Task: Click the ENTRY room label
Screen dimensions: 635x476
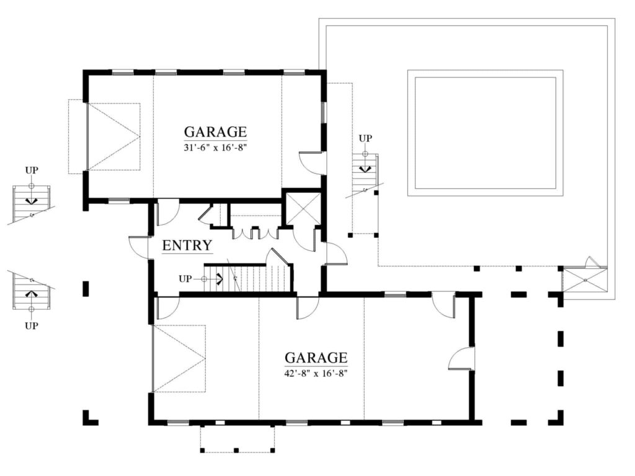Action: point(187,245)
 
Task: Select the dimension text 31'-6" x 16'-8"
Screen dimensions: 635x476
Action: point(215,148)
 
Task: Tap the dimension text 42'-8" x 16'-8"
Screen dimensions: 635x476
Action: point(316,374)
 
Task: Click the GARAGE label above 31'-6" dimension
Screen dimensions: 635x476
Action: point(215,132)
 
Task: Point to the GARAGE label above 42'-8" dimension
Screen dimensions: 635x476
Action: point(316,358)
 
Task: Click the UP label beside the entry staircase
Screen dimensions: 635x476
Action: point(185,279)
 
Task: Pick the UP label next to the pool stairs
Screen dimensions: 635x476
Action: point(365,138)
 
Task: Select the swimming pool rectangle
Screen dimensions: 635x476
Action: point(485,133)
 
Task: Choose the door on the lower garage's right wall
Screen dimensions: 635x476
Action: point(461,358)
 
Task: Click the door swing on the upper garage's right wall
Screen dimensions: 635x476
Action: point(312,163)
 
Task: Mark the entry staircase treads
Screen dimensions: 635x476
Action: point(247,278)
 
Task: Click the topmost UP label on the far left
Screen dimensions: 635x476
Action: point(32,170)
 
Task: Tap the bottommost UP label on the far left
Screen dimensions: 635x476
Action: point(32,325)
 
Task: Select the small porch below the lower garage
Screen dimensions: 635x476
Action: point(238,438)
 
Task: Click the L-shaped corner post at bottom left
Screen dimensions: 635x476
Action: point(90,418)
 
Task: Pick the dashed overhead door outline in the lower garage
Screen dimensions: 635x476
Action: point(179,358)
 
